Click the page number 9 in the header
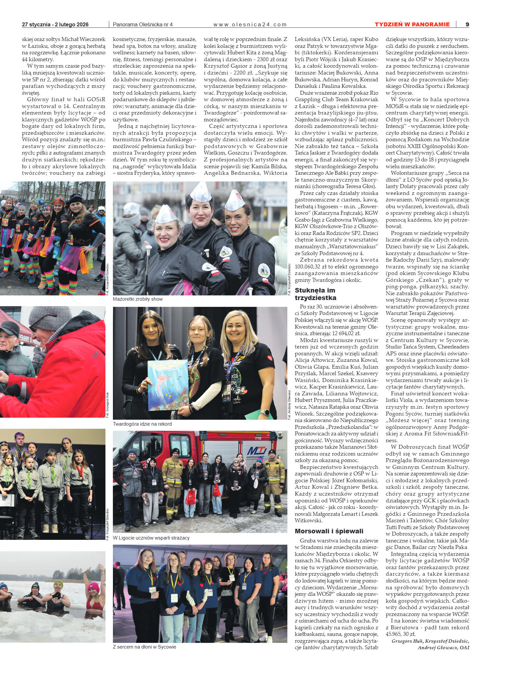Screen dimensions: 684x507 [x=467, y=24]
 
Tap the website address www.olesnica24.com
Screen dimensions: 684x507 [x=250, y=24]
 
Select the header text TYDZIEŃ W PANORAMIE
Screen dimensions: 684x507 [x=412, y=24]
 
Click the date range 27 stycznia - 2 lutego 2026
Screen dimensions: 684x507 [x=55, y=24]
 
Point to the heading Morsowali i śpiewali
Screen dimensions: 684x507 [x=329, y=531]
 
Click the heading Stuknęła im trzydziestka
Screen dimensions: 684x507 [x=315, y=294]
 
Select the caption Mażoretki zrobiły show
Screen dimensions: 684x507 [x=138, y=299]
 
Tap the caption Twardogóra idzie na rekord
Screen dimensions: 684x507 [x=142, y=424]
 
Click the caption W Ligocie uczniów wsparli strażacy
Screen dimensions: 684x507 [x=151, y=538]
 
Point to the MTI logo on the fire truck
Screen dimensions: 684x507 [x=257, y=451]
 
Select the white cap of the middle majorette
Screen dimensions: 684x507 [x=201, y=192]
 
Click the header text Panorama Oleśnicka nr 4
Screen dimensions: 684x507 [x=143, y=24]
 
